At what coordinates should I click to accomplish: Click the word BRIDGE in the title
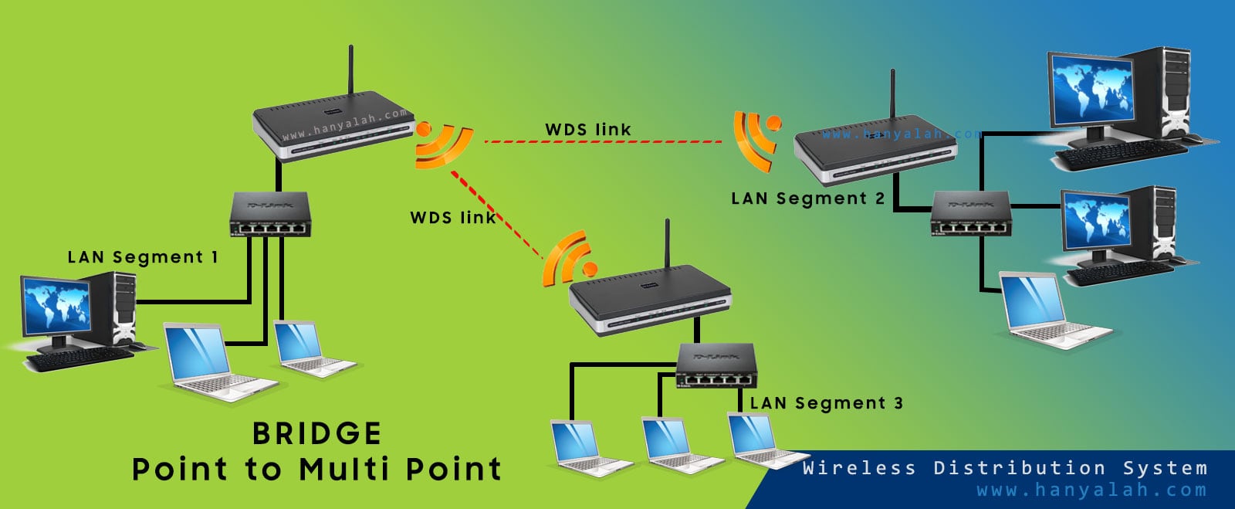point(316,434)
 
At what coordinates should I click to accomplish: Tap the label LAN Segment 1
point(143,257)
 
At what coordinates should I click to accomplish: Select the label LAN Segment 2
point(807,199)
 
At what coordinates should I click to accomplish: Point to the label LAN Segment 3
point(826,403)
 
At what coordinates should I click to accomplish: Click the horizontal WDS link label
point(588,130)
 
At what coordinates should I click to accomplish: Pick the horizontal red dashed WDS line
point(602,142)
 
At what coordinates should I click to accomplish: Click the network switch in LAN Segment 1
point(270,215)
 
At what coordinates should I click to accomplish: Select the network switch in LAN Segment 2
point(971,213)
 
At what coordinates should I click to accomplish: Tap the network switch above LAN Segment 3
point(716,365)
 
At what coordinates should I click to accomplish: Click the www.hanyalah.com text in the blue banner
point(1091,490)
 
